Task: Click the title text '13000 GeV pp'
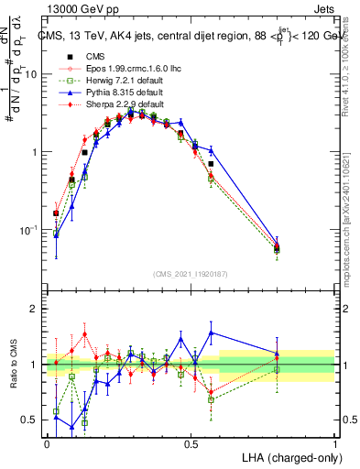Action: click(x=73, y=7)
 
